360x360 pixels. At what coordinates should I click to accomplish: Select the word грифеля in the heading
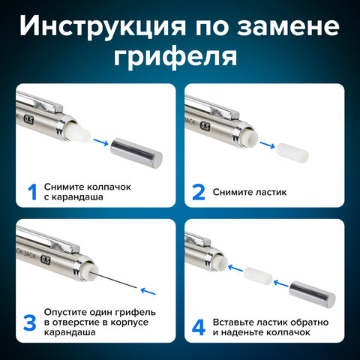click(x=180, y=57)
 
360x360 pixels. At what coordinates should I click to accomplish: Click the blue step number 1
click(x=32, y=192)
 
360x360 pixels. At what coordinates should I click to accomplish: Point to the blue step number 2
click(x=197, y=192)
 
